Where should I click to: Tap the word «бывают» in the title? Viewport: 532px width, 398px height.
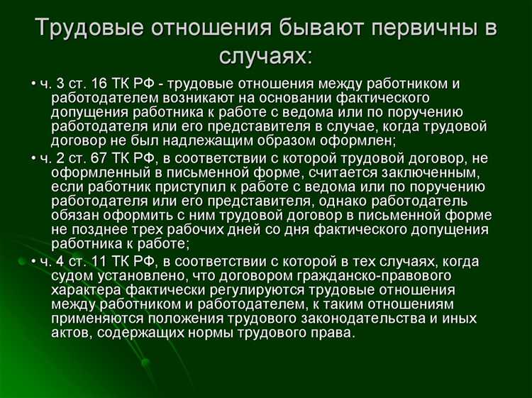(318, 28)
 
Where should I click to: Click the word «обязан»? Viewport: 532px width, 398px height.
(75, 216)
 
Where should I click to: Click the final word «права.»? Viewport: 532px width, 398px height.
(334, 332)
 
